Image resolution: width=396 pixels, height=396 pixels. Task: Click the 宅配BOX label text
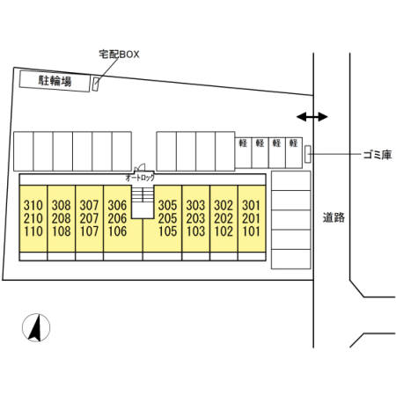point(119,55)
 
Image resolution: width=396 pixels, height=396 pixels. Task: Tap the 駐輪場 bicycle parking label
point(55,81)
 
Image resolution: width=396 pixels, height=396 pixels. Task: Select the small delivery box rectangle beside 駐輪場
point(95,84)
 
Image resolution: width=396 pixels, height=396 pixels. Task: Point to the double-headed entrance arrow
point(312,117)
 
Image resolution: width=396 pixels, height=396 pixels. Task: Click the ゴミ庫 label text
point(378,155)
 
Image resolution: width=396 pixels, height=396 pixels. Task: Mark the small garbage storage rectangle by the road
point(308,154)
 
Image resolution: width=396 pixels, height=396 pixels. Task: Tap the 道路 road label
point(334,217)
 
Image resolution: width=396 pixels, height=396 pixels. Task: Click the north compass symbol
point(36,327)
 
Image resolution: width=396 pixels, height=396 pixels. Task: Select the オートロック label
point(140,178)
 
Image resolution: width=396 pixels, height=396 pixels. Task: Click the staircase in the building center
point(143,202)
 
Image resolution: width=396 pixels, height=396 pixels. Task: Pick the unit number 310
point(33,205)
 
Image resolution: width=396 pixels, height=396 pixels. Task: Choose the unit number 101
point(252,231)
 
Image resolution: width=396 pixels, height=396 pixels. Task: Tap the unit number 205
point(167,218)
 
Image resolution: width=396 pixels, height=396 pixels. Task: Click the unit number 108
point(62,231)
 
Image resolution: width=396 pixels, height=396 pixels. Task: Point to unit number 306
point(117,205)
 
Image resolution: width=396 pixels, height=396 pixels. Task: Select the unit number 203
point(195,218)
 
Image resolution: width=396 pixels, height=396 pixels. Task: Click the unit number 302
point(224,205)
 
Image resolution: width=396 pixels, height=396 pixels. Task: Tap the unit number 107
point(90,231)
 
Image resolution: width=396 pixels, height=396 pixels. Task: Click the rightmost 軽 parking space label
point(294,143)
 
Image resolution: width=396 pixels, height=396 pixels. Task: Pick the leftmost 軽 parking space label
point(243,143)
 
